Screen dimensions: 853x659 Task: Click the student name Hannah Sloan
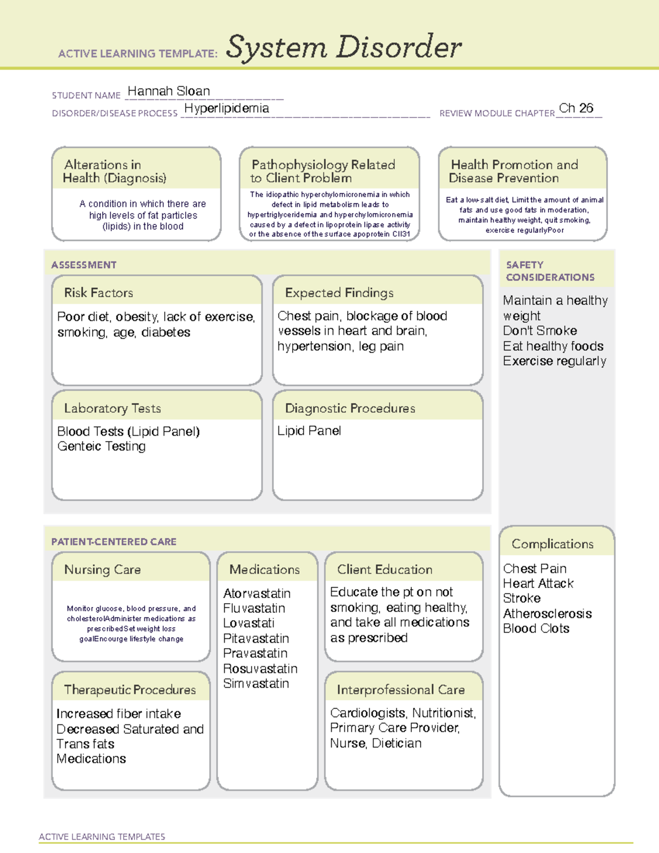coord(169,91)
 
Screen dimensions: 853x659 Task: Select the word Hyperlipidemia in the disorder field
coord(226,108)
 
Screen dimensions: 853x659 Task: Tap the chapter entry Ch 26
coord(576,108)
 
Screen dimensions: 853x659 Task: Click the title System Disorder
coord(344,47)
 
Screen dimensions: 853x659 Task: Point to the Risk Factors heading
coord(98,293)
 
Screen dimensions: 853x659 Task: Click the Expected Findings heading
coord(339,293)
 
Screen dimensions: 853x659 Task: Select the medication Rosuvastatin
coord(260,668)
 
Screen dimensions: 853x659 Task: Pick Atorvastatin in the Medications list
coord(256,593)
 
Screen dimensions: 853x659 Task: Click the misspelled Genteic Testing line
coord(102,446)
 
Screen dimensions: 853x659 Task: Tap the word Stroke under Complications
coord(522,598)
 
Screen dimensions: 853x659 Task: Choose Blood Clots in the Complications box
coord(536,628)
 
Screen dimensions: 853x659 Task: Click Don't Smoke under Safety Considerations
coord(540,331)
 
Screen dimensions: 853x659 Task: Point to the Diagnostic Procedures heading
coord(350,408)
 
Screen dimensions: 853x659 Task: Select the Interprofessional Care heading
coord(400,689)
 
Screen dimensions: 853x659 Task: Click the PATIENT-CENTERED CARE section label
coord(114,542)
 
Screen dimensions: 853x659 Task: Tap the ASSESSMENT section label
coord(83,265)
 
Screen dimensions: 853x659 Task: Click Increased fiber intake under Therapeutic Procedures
coord(119,713)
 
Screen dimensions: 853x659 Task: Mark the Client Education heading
coord(384,570)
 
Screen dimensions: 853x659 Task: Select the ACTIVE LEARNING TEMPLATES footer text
coord(102,837)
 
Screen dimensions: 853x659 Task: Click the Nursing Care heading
coord(102,570)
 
